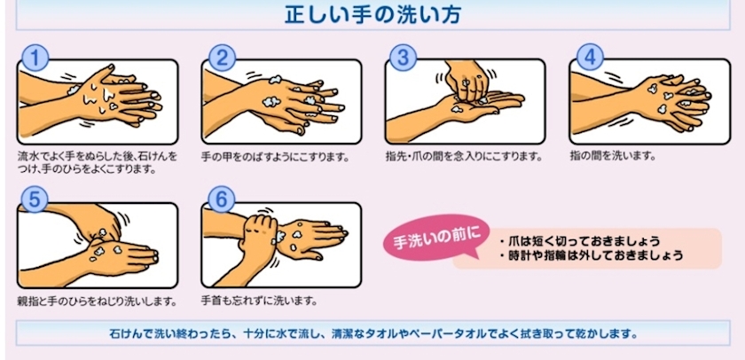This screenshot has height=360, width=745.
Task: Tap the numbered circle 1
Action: point(35,58)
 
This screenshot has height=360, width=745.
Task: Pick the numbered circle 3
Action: point(403,58)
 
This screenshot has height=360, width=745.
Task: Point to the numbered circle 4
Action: point(590,58)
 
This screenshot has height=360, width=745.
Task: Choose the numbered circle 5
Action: point(35,200)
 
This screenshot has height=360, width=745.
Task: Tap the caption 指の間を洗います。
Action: point(613,155)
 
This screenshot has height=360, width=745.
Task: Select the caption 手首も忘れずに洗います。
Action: point(259,301)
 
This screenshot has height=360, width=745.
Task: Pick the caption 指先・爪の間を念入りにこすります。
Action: point(464,156)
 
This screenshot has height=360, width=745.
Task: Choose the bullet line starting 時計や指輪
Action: point(591,255)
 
